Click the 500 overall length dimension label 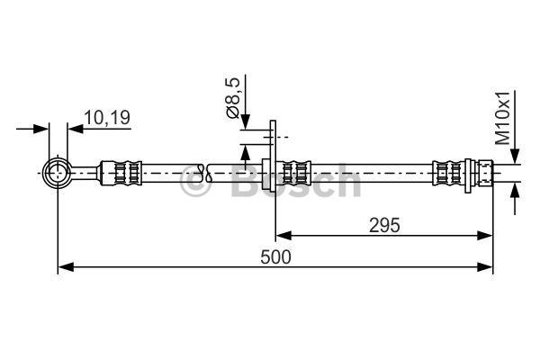(x=275, y=257)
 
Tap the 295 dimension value (x=384, y=226)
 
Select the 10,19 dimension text (x=107, y=118)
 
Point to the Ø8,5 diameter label (x=232, y=98)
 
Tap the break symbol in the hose (x=205, y=173)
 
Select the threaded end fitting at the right (x=486, y=173)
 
